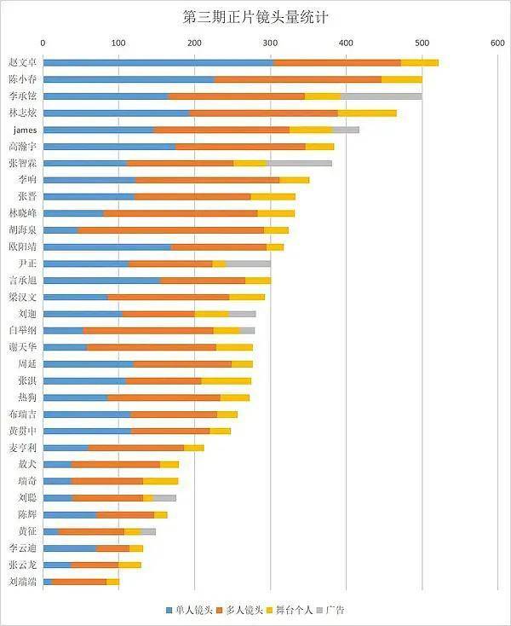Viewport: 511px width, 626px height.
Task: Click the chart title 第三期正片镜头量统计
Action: (x=255, y=16)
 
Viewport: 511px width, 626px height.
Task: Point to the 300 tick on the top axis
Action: (x=270, y=41)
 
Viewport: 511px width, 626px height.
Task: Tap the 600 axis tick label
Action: (x=497, y=41)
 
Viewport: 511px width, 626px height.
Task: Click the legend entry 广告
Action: (x=335, y=610)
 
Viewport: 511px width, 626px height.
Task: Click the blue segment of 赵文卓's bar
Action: (x=158, y=62)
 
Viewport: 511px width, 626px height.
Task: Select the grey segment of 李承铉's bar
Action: (x=381, y=96)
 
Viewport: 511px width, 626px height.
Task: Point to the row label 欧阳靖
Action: (x=22, y=246)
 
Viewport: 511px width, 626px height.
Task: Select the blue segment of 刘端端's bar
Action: (x=47, y=582)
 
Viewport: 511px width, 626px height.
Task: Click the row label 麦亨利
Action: (x=22, y=448)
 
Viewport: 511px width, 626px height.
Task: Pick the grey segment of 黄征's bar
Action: (x=148, y=531)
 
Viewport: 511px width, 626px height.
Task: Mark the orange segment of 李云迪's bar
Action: (x=113, y=548)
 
